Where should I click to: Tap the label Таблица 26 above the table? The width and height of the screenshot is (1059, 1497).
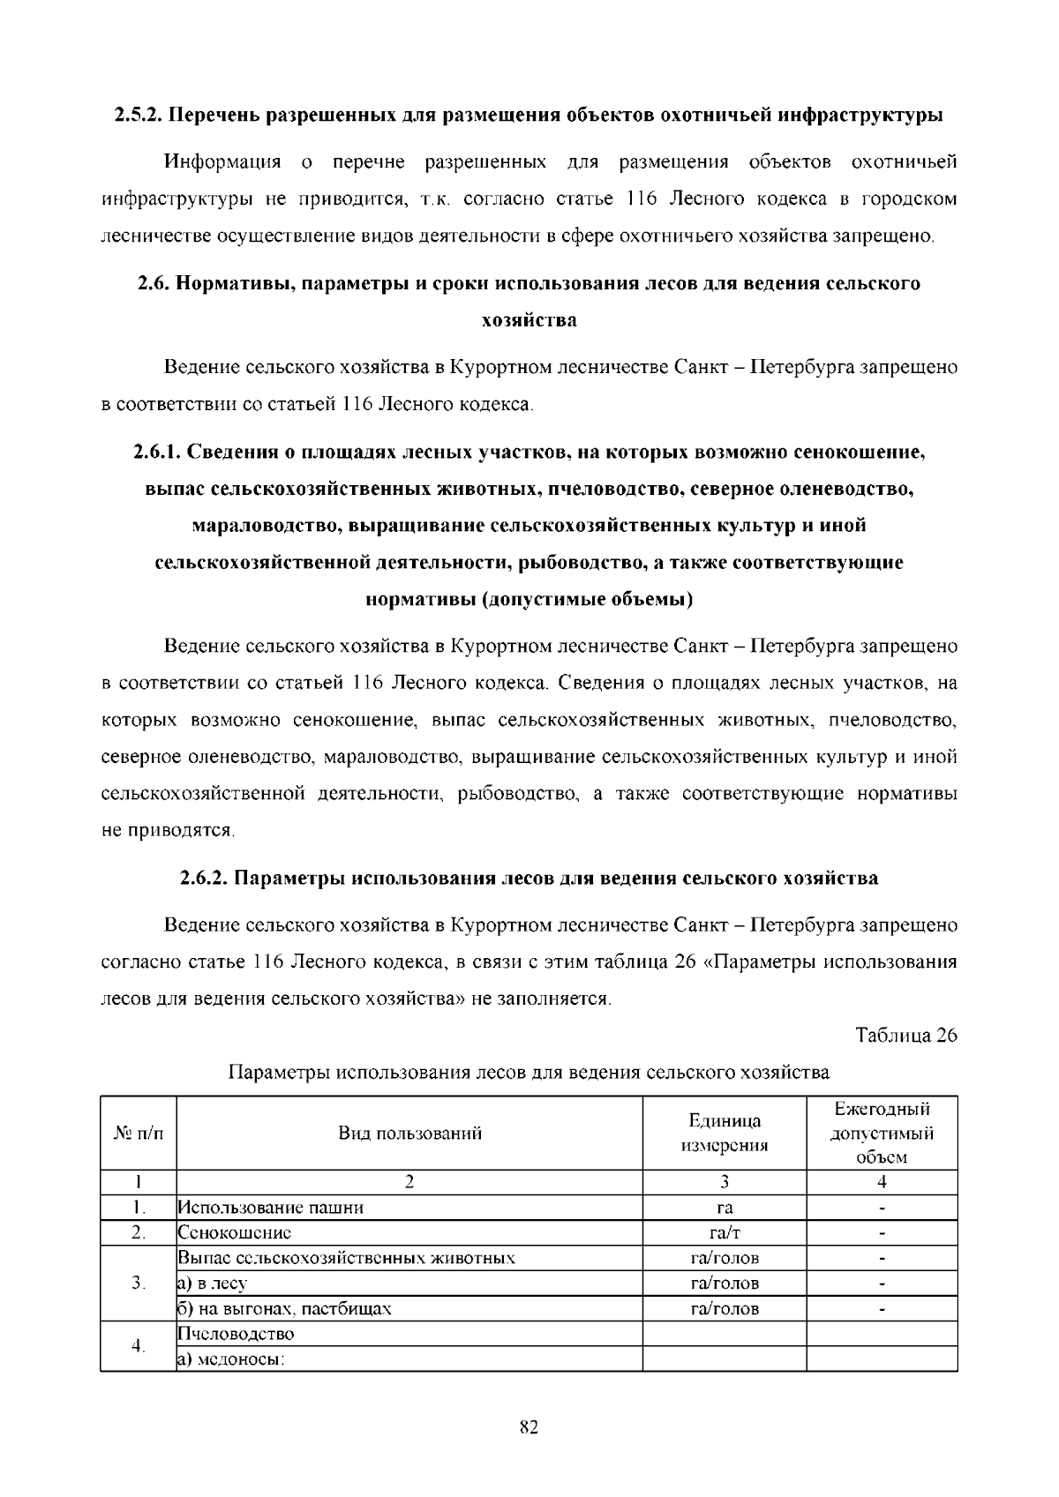[906, 1036]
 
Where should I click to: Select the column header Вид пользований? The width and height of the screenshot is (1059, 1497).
[410, 1134]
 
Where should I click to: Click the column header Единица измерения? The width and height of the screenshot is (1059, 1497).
[725, 1134]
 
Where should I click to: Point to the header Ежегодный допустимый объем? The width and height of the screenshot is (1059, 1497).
[882, 1134]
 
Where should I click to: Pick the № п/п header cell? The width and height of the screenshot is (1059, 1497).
[139, 1134]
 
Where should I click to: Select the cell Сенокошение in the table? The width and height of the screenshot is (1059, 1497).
[235, 1233]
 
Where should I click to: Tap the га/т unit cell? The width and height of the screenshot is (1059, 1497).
[725, 1233]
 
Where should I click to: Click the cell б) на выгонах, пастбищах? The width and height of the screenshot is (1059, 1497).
[284, 1309]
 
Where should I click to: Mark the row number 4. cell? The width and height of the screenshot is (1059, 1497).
[139, 1346]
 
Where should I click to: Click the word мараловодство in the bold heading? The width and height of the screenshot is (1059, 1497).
[267, 526]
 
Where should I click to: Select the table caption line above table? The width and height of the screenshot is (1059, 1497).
[529, 1073]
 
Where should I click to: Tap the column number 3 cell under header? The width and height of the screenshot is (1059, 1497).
[725, 1183]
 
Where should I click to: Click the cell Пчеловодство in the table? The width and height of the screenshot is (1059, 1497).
[237, 1334]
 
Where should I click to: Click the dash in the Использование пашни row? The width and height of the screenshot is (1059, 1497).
[882, 1209]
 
